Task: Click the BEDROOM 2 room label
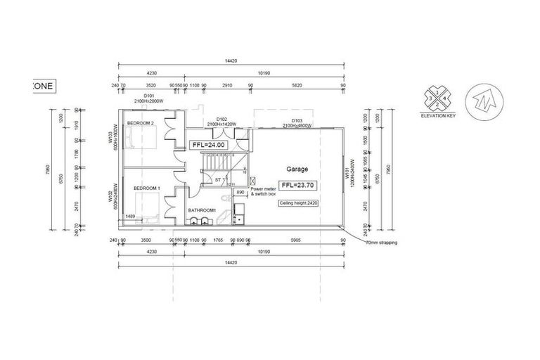point(141,123)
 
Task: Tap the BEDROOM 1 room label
point(148,188)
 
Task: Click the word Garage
point(298,169)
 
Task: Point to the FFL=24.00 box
point(208,145)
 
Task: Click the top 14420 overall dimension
point(231,61)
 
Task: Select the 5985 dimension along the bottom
point(295,240)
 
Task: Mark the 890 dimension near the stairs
point(240,191)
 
